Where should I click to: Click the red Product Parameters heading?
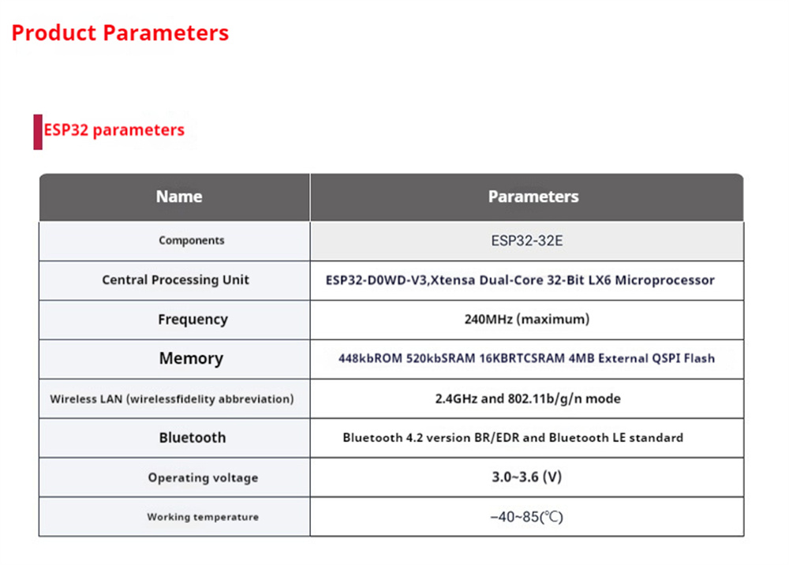pos(120,33)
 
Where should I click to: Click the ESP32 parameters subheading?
pos(114,130)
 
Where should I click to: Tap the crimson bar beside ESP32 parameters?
pos(38,132)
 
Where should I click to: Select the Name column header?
pos(179,196)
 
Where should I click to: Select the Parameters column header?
pos(533,196)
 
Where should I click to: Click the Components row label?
pos(192,241)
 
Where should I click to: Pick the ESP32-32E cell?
pos(527,241)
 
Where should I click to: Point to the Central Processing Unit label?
pos(176,279)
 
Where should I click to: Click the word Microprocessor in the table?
pos(664,280)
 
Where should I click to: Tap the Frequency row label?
pos(193,320)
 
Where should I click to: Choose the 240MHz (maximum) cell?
pos(527,320)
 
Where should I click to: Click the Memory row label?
pos(191,358)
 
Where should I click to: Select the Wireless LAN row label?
pos(171,399)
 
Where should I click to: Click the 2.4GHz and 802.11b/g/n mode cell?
pos(528,398)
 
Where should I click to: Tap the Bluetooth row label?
pos(193,438)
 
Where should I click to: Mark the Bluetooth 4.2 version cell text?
pos(513,438)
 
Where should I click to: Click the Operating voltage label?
pos(203,477)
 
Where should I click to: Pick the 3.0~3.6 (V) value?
pos(527,477)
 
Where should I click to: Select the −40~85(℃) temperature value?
pos(527,517)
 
